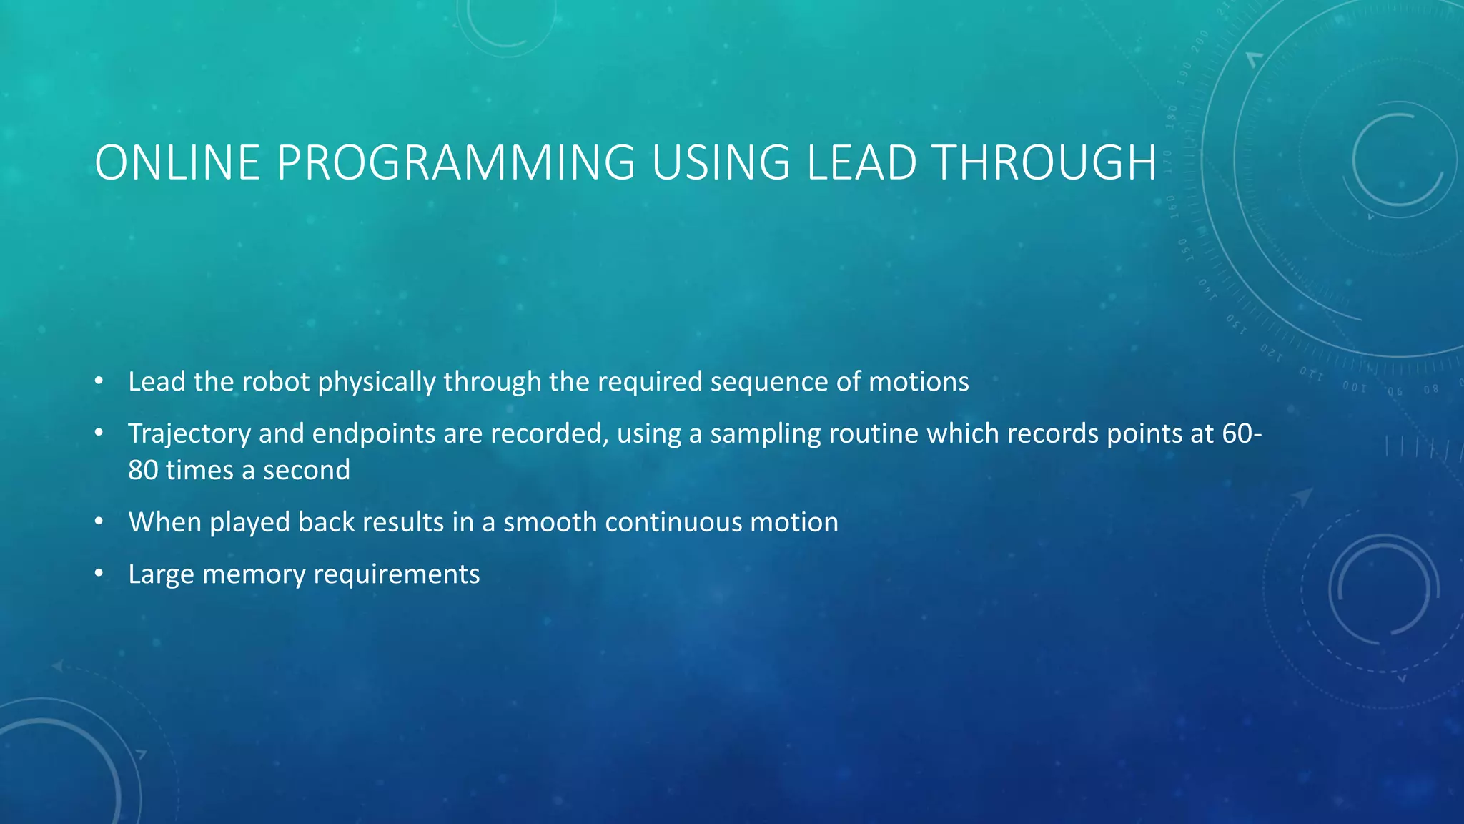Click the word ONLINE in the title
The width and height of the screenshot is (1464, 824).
tap(177, 163)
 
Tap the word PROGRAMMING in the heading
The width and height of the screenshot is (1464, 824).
tap(455, 163)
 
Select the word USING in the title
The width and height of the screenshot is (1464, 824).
tap(721, 163)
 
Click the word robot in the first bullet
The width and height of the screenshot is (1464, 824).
tap(275, 382)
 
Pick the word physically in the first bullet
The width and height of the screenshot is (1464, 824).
tap(377, 382)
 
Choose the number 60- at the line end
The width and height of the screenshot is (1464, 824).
tap(1242, 433)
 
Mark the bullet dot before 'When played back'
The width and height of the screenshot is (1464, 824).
tap(99, 522)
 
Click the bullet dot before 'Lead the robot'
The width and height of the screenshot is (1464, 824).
tap(99, 382)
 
